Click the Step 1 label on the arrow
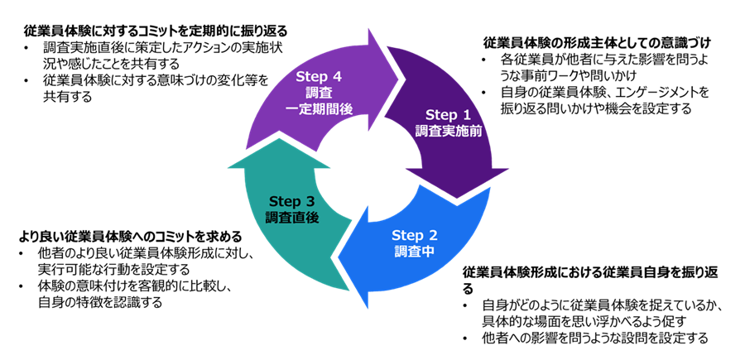click(x=447, y=114)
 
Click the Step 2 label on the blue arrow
click(x=413, y=233)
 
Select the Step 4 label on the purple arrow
click(x=319, y=77)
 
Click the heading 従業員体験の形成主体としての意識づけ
click(x=597, y=42)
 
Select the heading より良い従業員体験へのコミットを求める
click(x=123, y=235)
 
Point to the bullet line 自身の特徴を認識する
click(x=99, y=302)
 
